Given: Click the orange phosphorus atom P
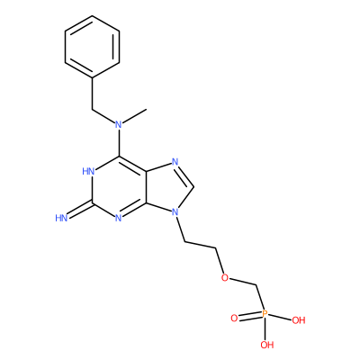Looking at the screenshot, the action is point(265,314).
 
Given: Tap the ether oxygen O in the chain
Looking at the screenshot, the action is point(224,277).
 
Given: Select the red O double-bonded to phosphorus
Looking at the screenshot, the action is point(234,319).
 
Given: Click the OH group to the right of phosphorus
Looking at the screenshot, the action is point(299,320).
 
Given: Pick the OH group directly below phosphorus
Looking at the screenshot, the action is point(267,345).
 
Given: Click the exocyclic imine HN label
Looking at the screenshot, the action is point(61,218).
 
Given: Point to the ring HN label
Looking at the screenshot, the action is point(88,171).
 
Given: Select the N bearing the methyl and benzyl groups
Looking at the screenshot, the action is point(119,124).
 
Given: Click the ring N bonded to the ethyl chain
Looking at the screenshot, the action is point(175,212).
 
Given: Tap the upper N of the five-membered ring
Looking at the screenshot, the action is point(175,162).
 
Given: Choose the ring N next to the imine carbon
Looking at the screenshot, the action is point(119,218).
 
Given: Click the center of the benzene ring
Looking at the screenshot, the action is point(92,47).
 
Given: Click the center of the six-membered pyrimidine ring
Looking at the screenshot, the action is point(119,187).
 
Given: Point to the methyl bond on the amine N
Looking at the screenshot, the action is point(135,116).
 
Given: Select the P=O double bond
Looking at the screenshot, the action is point(249,316).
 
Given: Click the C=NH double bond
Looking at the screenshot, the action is point(80,210).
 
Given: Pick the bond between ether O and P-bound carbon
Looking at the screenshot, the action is point(242,282).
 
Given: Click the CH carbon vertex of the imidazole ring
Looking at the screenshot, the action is point(193,187).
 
